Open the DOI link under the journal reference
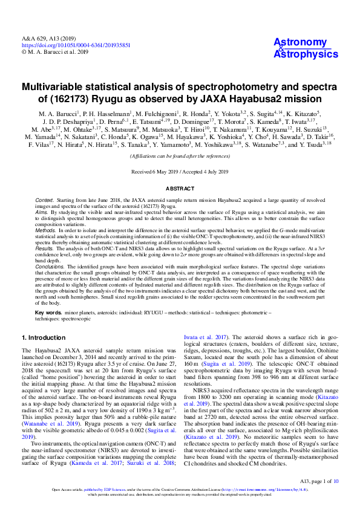(76, 45)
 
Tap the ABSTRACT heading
(179, 189)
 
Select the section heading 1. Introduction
(46, 337)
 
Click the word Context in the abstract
(44, 199)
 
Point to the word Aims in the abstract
(41, 213)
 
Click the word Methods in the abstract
(45, 231)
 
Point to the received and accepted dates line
(180, 172)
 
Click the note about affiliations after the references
(180, 156)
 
